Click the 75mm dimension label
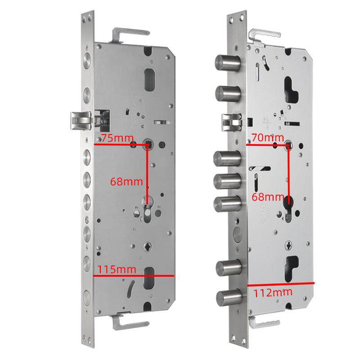click(117, 138)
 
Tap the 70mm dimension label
click(268, 138)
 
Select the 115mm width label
click(117, 269)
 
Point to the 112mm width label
click(273, 292)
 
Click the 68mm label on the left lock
click(126, 182)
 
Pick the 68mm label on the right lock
click(268, 197)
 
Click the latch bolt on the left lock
click(81, 120)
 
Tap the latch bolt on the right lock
click(232, 122)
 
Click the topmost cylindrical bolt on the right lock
click(228, 63)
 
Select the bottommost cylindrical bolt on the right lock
click(229, 298)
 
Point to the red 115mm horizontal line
click(134, 276)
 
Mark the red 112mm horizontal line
click(280, 284)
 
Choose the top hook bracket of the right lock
click(265, 36)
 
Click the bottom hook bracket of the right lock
click(264, 322)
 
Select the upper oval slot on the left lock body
click(149, 80)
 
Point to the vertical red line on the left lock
click(148, 175)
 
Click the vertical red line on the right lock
click(288, 175)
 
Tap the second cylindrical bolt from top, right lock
click(228, 94)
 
